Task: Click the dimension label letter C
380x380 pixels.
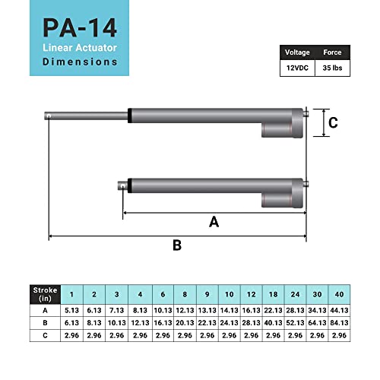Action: click(332, 122)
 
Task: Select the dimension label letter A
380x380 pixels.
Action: click(214, 222)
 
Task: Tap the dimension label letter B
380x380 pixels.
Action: click(177, 245)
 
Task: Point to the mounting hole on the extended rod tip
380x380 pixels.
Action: click(48, 116)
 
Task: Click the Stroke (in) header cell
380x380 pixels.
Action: click(44, 294)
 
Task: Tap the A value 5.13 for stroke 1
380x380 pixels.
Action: click(72, 310)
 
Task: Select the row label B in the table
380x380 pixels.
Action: click(44, 322)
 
